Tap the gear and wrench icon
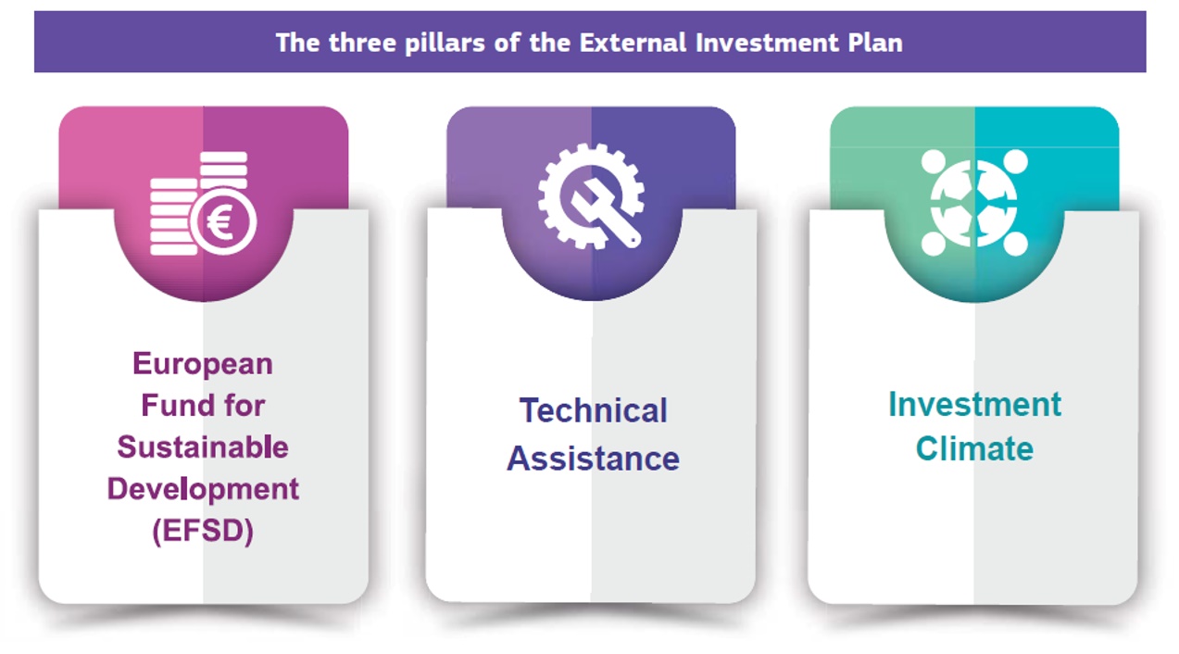(591, 195)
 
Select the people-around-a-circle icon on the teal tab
(974, 203)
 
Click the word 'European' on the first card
(203, 363)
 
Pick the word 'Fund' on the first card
(171, 405)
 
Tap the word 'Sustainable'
(203, 446)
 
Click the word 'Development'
(203, 488)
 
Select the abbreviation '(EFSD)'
(203, 531)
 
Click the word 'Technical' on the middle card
(593, 410)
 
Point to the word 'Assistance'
(593, 459)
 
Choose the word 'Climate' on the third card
(974, 449)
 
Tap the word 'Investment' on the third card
(974, 405)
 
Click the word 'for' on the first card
(243, 405)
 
